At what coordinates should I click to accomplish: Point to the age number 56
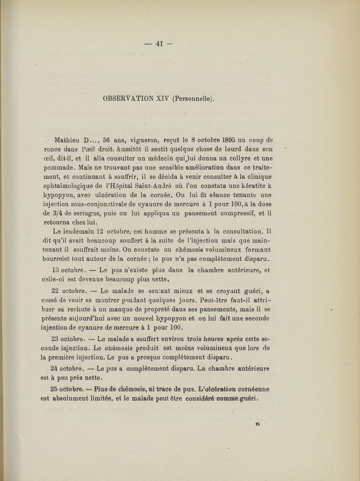[108, 139]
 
